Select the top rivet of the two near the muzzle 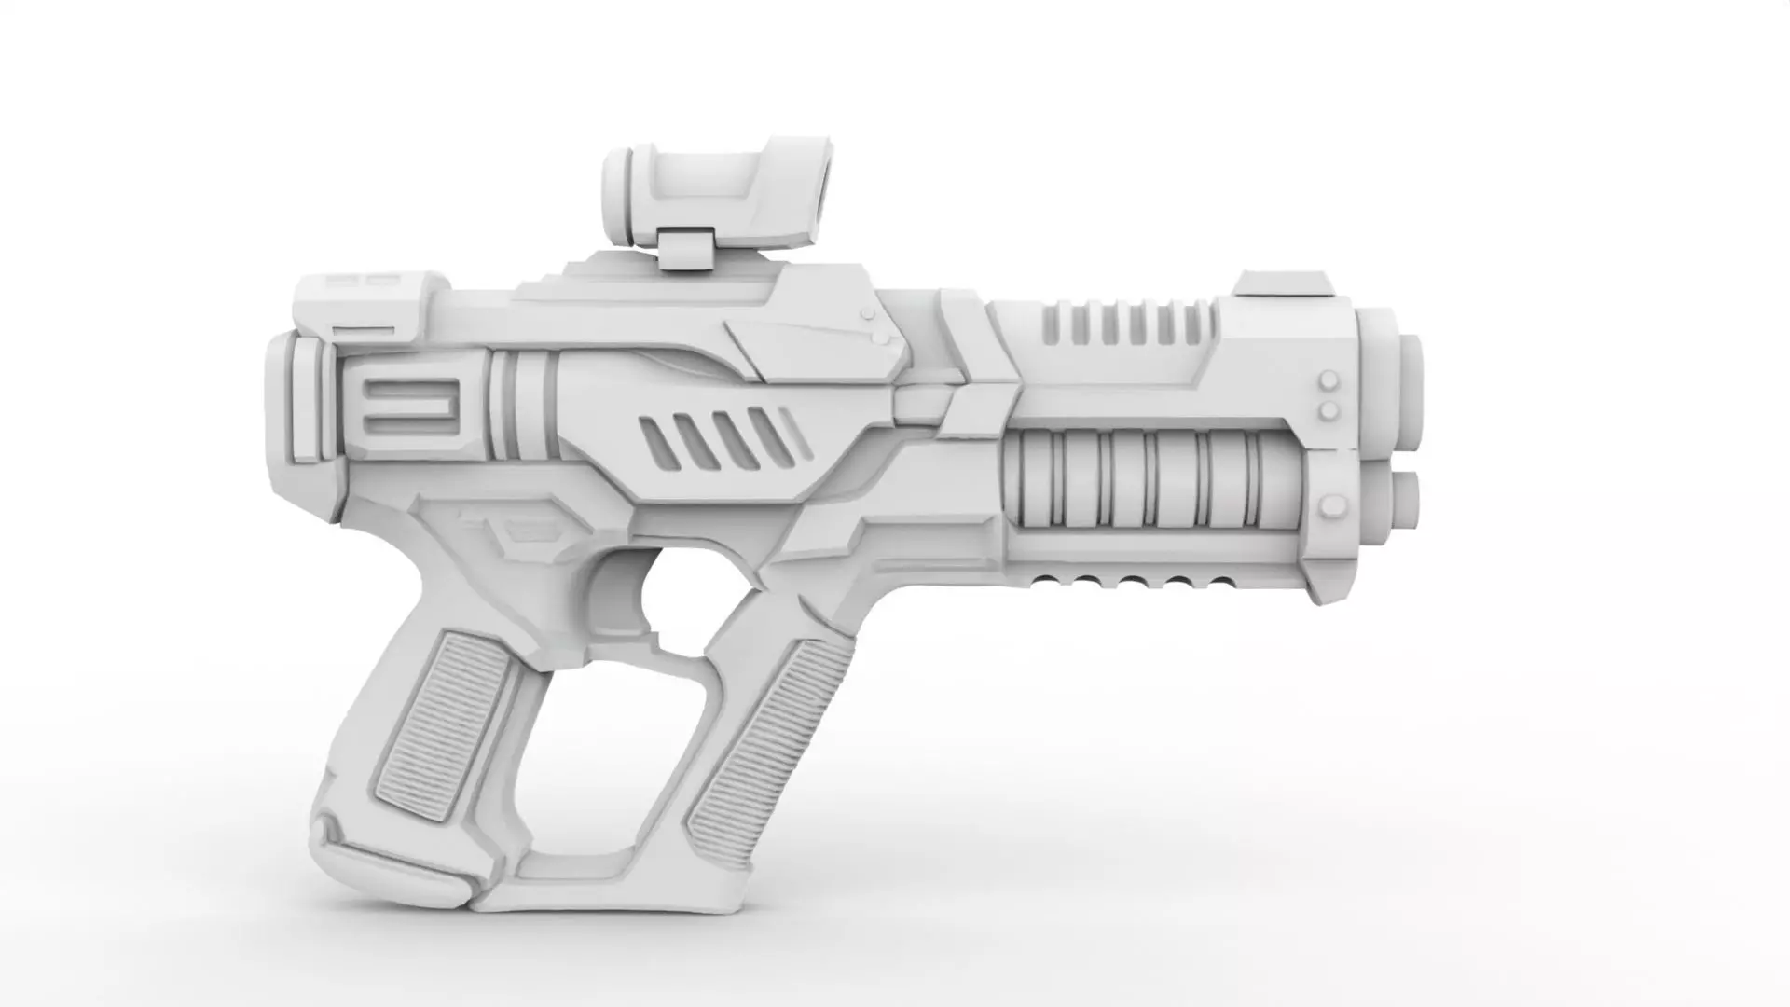pyautogui.click(x=1329, y=381)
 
